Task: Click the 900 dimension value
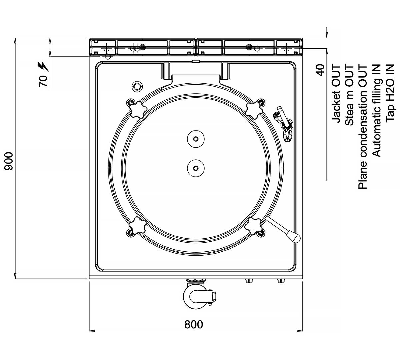pyautogui.click(x=9, y=161)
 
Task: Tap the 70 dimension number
pyautogui.click(x=43, y=81)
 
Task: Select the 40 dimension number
pyautogui.click(x=320, y=70)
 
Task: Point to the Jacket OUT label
pyautogui.click(x=336, y=94)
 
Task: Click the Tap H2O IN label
pyautogui.click(x=390, y=93)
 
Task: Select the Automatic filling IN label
pyautogui.click(x=376, y=110)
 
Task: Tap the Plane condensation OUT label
pyautogui.click(x=363, y=126)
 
